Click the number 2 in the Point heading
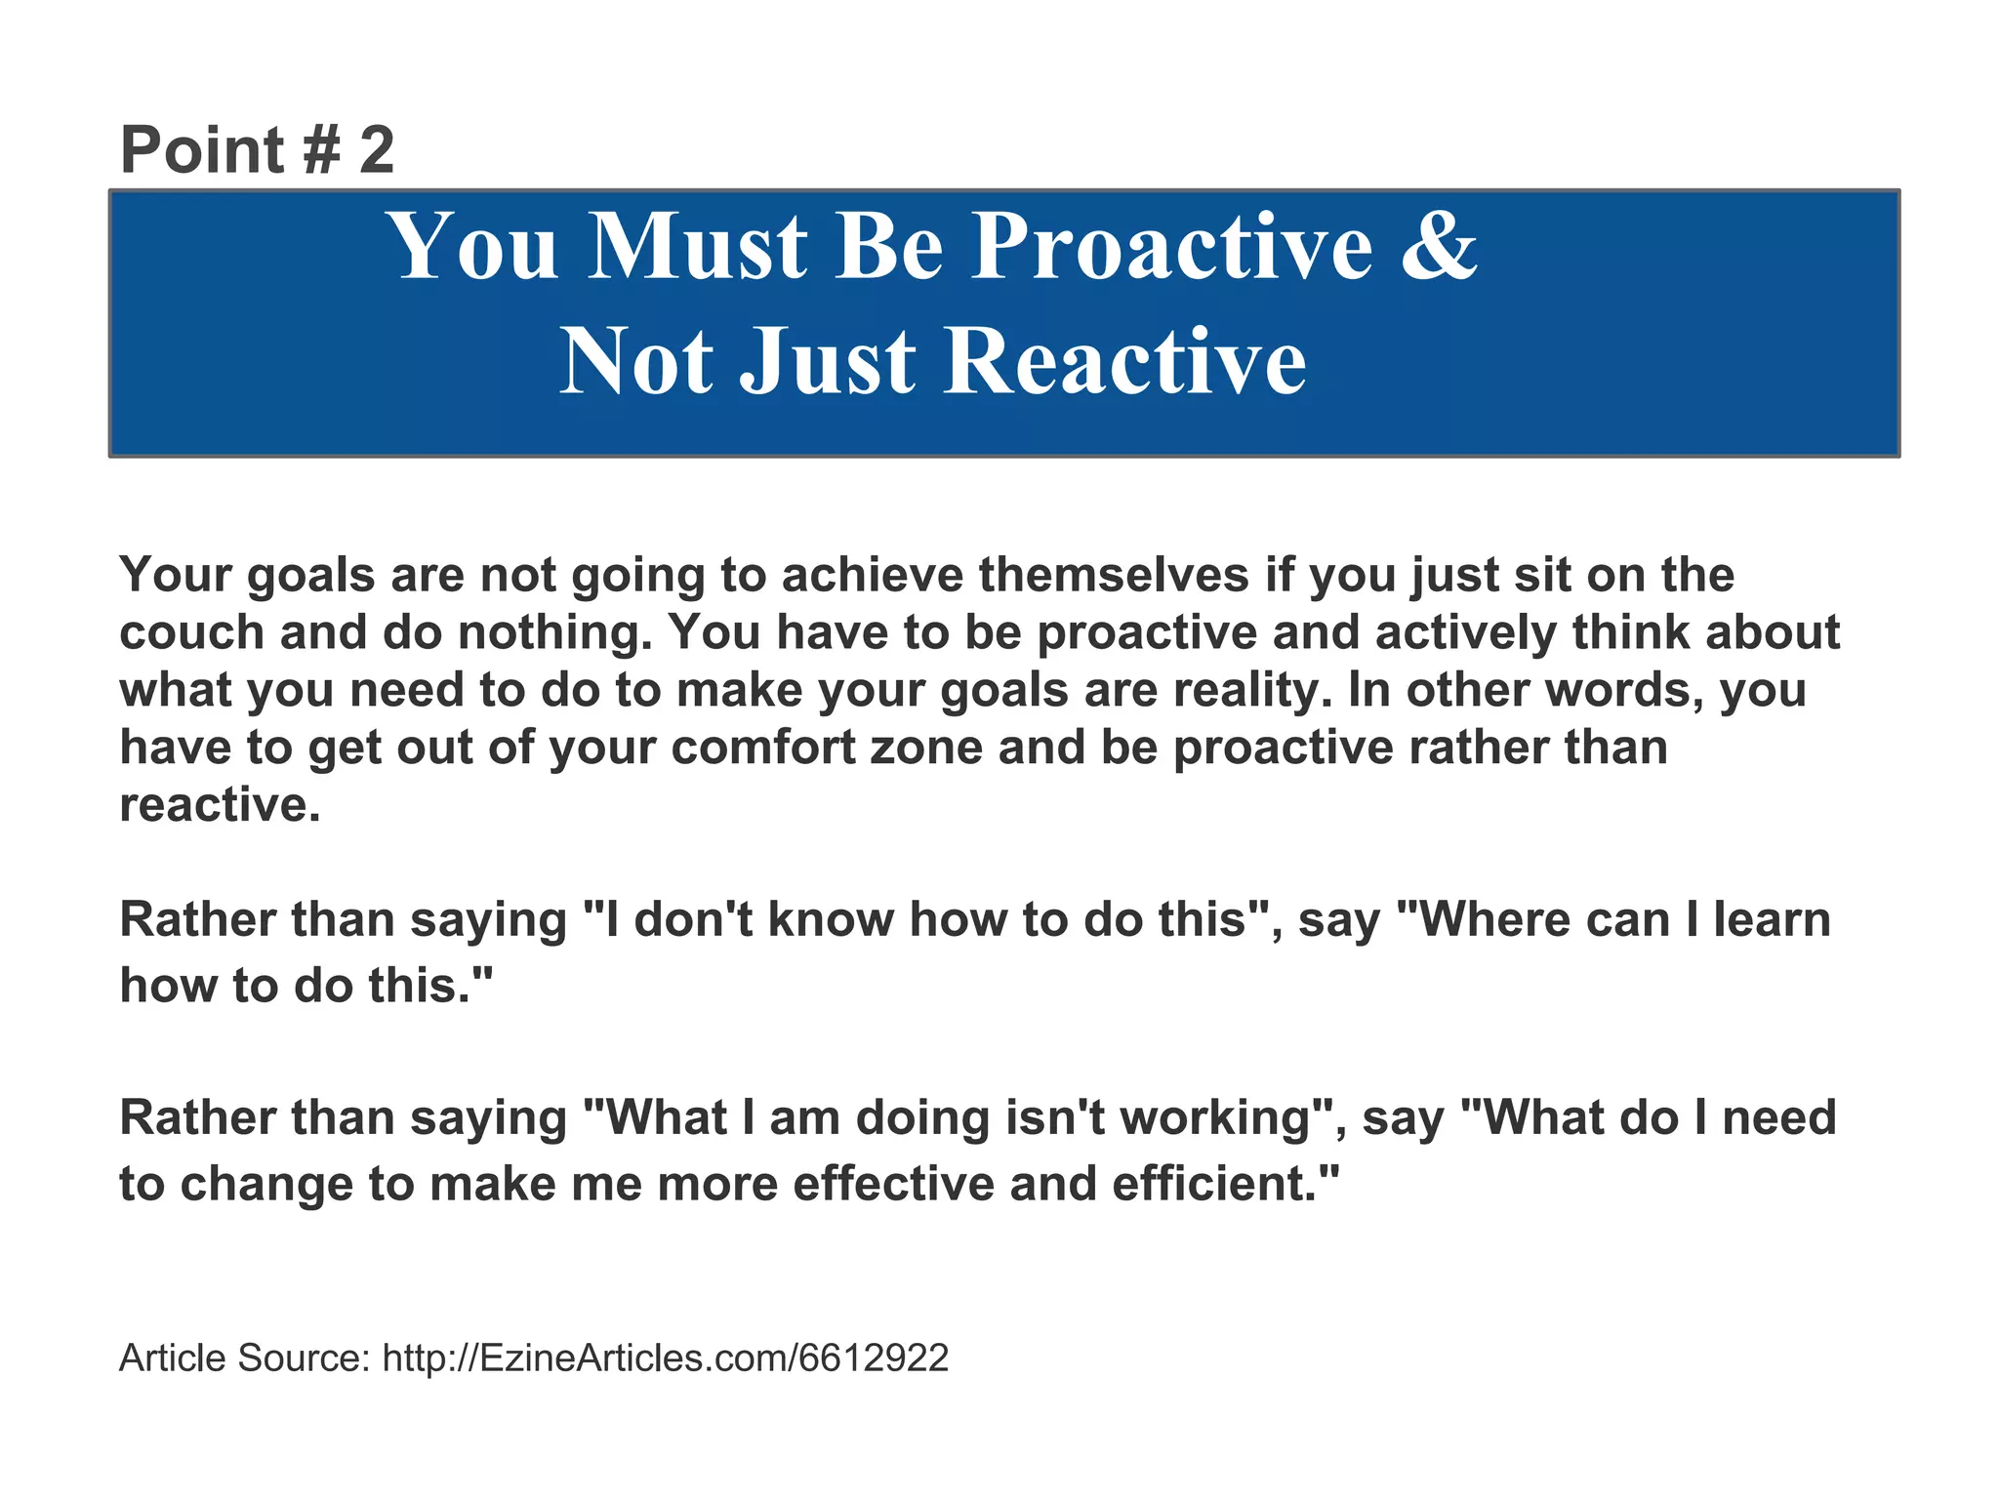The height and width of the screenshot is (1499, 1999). pos(377,151)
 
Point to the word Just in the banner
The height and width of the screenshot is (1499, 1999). pos(828,362)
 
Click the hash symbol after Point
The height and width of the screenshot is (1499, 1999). pos(321,151)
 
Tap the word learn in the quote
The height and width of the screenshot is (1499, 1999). pos(1772,919)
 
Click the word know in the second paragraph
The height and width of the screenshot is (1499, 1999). pos(830,919)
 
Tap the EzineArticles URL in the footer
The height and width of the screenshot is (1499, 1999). pos(665,1358)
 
